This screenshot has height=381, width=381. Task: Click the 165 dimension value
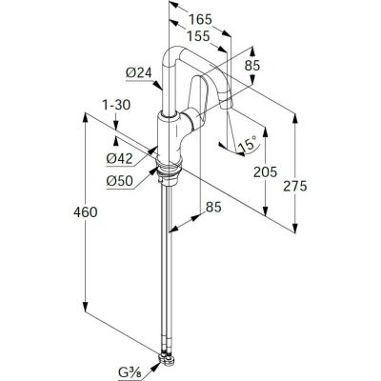pyautogui.click(x=200, y=20)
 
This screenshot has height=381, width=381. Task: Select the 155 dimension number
pyautogui.click(x=198, y=36)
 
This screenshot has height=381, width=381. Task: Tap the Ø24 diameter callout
pyautogui.click(x=139, y=73)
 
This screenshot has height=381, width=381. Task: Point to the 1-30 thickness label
pyautogui.click(x=116, y=105)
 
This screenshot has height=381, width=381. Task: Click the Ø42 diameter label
pyautogui.click(x=119, y=158)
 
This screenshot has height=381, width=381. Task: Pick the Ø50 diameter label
pyautogui.click(x=119, y=181)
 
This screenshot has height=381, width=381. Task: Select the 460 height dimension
pyautogui.click(x=86, y=212)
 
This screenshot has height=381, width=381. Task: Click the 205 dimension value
pyautogui.click(x=265, y=172)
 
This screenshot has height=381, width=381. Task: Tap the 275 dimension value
pyautogui.click(x=295, y=186)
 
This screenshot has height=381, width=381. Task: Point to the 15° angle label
pyautogui.click(x=248, y=145)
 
